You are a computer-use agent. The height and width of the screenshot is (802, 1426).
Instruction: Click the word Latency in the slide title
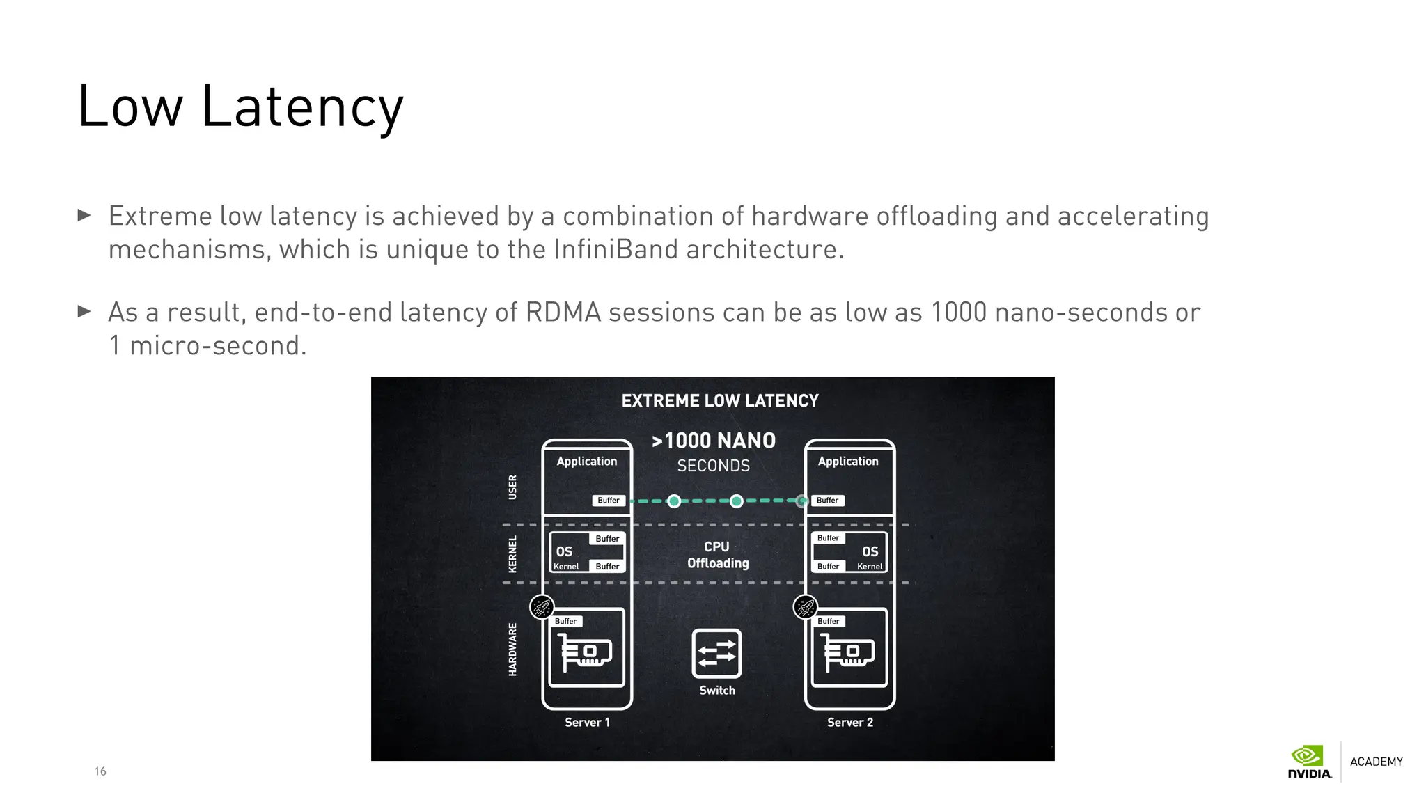click(302, 107)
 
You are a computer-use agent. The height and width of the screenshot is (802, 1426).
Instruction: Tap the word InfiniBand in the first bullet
click(616, 249)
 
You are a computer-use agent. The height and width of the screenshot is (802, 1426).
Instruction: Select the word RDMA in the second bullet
click(563, 313)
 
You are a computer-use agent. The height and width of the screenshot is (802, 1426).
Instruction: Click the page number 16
click(100, 771)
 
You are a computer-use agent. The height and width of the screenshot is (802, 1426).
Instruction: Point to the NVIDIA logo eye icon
click(1307, 756)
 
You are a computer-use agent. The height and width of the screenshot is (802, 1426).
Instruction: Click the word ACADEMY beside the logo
click(1376, 762)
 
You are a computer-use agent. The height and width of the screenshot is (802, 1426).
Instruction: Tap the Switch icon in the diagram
click(716, 653)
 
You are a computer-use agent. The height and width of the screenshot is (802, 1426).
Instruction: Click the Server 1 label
click(587, 723)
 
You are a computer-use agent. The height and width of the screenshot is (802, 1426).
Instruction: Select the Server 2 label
click(849, 723)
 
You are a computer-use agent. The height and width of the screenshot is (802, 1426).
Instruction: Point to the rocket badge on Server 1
click(542, 607)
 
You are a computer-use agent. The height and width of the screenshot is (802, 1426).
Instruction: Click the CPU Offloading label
click(718, 555)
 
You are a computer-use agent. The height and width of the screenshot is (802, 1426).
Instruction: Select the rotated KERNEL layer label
click(513, 554)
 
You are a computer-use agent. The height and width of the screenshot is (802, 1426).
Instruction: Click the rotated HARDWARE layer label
click(513, 649)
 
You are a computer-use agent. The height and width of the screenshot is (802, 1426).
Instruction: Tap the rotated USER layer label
click(513, 487)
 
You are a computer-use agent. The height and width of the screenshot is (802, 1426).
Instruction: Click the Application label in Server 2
click(848, 462)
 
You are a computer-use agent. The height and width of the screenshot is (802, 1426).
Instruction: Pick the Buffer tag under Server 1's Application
click(608, 501)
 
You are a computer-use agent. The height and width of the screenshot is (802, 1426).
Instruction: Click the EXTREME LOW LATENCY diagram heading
click(720, 401)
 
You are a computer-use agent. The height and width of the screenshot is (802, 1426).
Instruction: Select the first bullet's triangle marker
click(84, 215)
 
